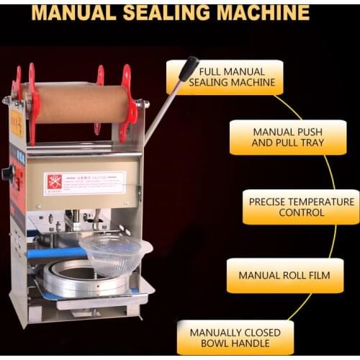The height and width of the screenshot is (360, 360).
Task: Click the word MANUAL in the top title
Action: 78,12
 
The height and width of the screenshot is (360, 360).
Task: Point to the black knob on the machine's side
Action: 8,174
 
